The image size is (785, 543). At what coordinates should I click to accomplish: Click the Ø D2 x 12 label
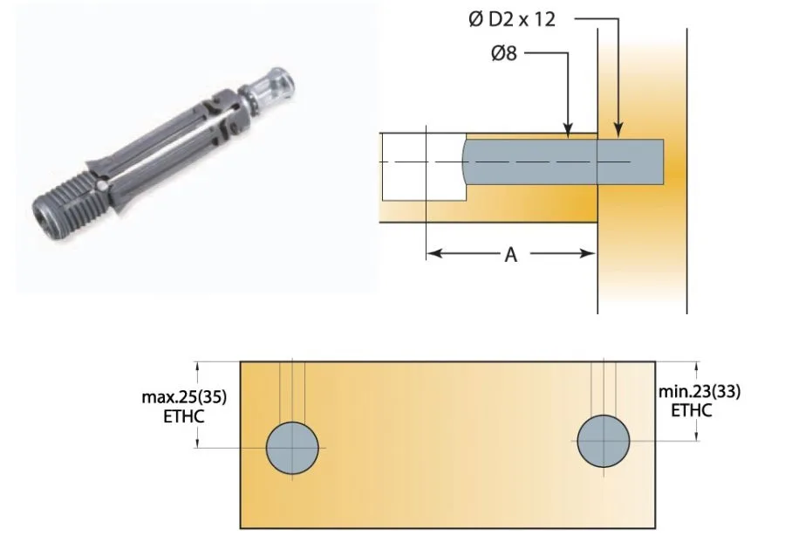pos(511,19)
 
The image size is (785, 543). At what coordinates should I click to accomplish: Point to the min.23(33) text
pos(700,392)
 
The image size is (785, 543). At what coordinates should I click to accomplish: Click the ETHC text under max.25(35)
pos(184,416)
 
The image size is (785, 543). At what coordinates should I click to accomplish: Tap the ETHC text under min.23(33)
pos(691,410)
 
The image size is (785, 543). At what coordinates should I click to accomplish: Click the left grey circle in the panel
pos(292,447)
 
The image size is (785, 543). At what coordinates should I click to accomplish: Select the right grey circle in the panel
pos(604,440)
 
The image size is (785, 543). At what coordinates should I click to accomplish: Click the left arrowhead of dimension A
pos(433,254)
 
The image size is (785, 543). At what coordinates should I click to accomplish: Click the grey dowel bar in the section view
pos(558,162)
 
